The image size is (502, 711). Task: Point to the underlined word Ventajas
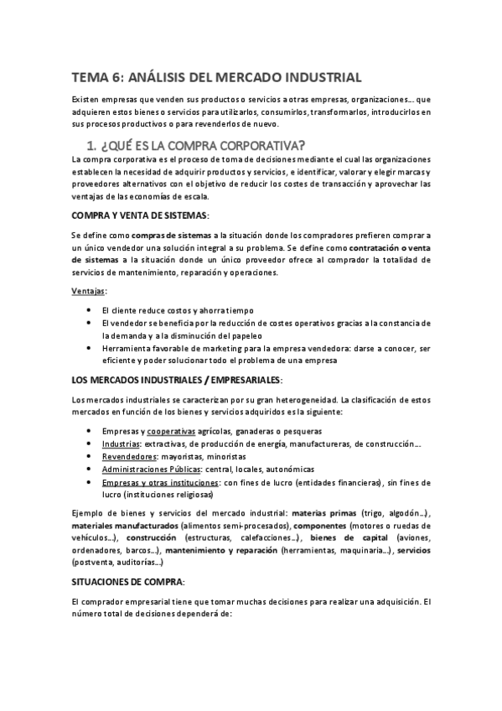[x=89, y=291]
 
